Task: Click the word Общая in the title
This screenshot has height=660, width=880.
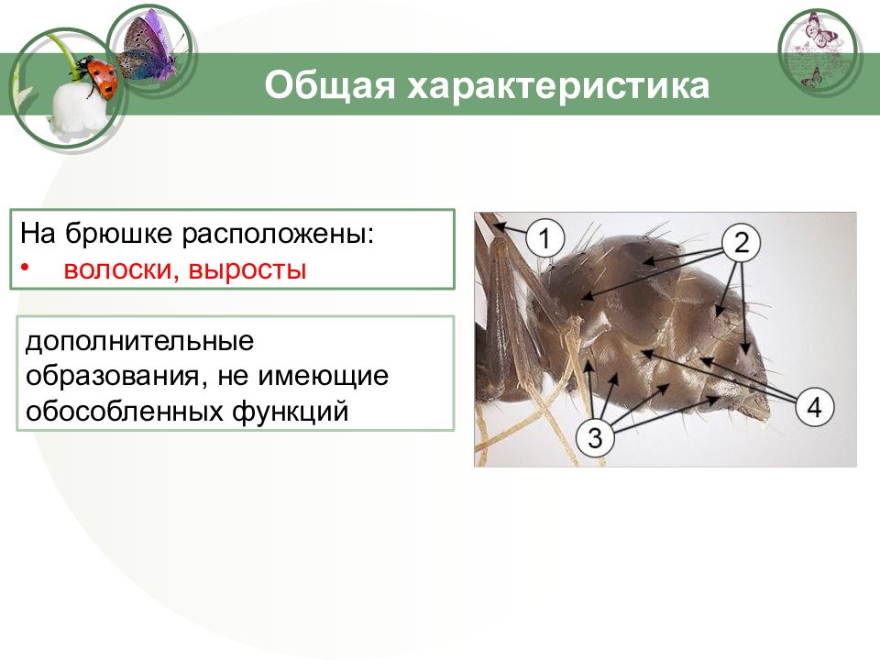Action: tap(329, 86)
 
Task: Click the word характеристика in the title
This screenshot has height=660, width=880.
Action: tap(558, 86)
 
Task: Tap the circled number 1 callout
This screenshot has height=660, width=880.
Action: tap(544, 238)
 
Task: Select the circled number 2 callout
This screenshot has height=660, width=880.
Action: tap(741, 242)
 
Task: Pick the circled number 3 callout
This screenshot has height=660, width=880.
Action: tap(596, 436)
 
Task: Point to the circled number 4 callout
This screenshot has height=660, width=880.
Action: tap(814, 407)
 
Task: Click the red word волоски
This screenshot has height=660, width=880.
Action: tap(121, 269)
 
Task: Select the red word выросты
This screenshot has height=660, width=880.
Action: tap(247, 270)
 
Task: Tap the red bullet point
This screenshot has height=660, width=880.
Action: tap(25, 266)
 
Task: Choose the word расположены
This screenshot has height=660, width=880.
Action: tap(278, 235)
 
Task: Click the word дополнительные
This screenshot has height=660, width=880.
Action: tap(139, 341)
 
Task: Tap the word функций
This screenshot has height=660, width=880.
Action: tap(290, 412)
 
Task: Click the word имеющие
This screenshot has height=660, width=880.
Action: tap(323, 377)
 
